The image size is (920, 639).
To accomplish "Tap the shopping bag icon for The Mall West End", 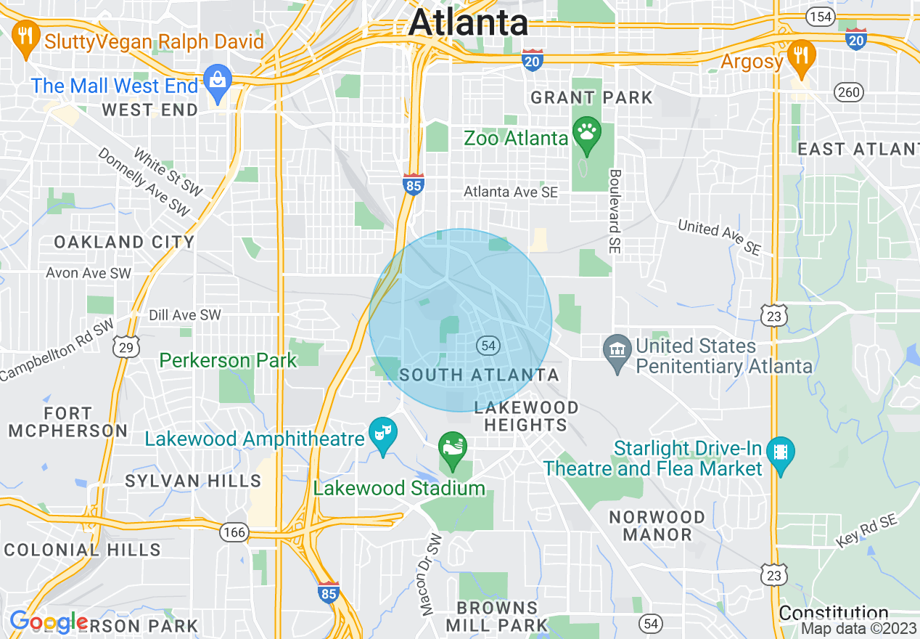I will pos(217,78).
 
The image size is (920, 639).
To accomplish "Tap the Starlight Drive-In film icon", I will pos(780,452).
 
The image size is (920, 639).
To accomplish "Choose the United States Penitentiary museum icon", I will pos(617,350).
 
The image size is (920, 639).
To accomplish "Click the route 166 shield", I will pos(234,533).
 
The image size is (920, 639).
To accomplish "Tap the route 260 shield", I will pos(848,92).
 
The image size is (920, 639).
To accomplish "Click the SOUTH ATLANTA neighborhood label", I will pos(480,375).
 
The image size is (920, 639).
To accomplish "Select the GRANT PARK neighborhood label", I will pos(591,97).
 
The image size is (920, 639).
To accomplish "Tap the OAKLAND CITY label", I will pos(124,242).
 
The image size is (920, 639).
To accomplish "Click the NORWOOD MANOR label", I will pos(657,526).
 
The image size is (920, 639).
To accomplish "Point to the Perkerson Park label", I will pos(228,360).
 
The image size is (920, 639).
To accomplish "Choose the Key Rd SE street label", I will pos(866,529).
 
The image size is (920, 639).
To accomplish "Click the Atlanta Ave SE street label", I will pos(511,192).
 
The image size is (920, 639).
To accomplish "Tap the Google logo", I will pos(48,622).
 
